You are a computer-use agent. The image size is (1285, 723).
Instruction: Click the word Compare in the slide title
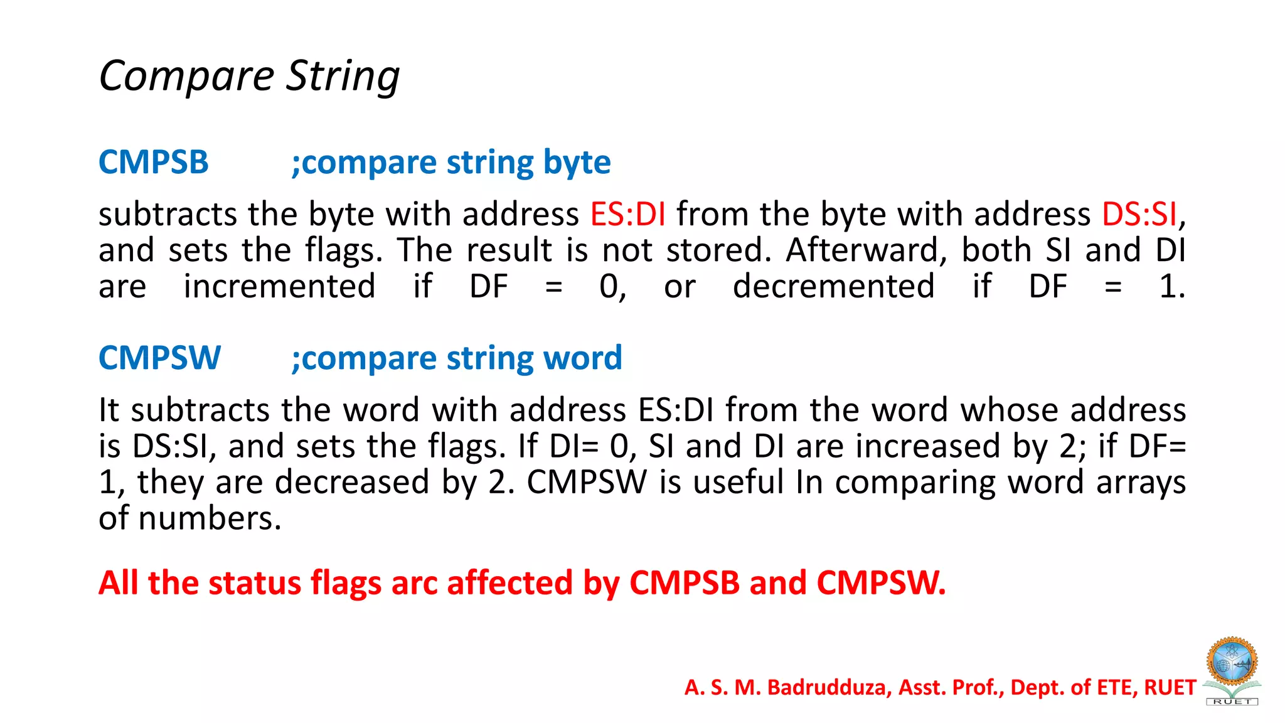click(x=186, y=77)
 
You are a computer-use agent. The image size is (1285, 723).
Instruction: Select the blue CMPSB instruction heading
click(x=153, y=163)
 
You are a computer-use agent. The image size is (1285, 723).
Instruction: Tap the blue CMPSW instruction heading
click(x=159, y=358)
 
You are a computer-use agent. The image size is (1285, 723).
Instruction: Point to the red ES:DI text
click(x=627, y=215)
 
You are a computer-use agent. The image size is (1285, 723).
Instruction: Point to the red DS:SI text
click(x=1139, y=215)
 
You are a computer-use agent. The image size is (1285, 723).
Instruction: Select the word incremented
click(x=279, y=287)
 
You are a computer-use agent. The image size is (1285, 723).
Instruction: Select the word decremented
click(x=833, y=287)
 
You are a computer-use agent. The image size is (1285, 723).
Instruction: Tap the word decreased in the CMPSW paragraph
click(x=352, y=483)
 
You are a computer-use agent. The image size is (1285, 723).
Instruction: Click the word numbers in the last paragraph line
click(x=210, y=519)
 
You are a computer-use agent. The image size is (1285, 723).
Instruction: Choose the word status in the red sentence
click(x=255, y=583)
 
